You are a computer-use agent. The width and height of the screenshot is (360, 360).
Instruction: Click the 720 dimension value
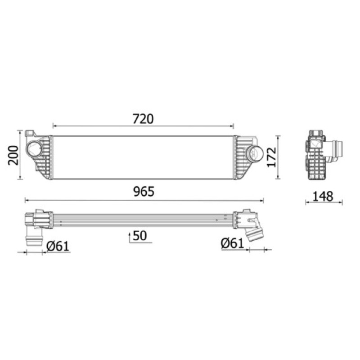143,119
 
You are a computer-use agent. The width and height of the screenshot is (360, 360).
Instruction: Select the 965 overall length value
144,192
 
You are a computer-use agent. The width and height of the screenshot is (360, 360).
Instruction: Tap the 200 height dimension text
13,155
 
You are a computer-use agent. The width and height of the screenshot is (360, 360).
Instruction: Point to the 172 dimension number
272,157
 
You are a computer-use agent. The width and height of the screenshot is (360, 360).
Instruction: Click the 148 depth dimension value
323,197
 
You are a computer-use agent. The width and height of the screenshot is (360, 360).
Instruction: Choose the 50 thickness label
140,236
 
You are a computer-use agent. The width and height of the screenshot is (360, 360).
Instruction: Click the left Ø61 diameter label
58,246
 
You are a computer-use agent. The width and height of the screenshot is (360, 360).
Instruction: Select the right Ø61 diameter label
232,243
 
